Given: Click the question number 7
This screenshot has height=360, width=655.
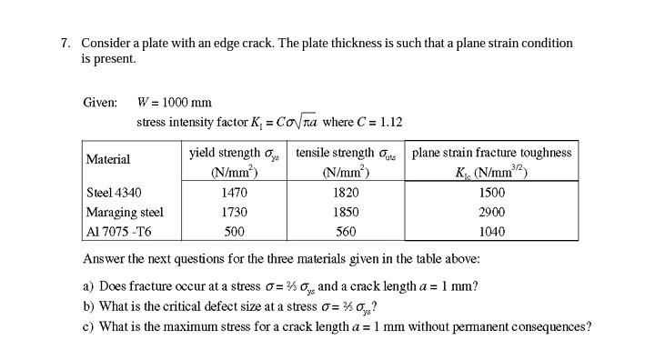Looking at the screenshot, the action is click(65, 43).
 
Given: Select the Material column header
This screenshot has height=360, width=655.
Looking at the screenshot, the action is click(107, 159).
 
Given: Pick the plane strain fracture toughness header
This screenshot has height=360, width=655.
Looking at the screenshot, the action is click(491, 153).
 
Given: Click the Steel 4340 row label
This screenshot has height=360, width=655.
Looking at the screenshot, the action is click(114, 193).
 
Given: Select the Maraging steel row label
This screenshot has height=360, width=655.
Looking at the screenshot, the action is click(125, 212).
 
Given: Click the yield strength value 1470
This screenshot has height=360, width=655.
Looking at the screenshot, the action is click(235, 193).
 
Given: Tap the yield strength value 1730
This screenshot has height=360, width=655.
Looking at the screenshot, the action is click(235, 212).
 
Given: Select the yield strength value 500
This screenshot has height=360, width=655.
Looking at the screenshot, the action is click(235, 231).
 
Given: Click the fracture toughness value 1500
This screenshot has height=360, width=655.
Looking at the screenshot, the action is click(491, 193).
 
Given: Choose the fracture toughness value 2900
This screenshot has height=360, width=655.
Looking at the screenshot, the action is click(491, 212).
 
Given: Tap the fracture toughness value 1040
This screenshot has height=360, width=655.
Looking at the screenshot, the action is click(491, 231).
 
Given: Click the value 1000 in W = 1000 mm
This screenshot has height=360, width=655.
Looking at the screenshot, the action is click(176, 102).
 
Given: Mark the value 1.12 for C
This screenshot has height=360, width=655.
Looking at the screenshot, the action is click(391, 122).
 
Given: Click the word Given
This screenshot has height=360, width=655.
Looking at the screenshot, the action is click(99, 102).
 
